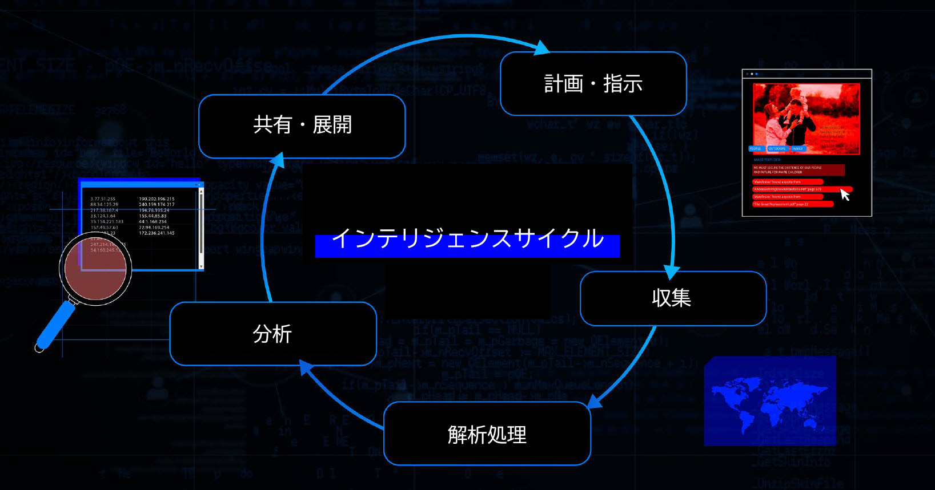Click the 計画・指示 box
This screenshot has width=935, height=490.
(x=593, y=84)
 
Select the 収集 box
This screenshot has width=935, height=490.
(x=672, y=298)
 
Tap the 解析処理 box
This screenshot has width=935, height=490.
(x=487, y=434)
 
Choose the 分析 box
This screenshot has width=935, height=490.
(x=272, y=334)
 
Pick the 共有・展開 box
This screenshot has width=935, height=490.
(x=302, y=125)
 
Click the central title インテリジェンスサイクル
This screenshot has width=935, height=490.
(x=467, y=239)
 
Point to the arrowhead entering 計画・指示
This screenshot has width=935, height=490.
(x=541, y=48)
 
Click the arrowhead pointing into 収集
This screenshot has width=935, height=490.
(x=672, y=271)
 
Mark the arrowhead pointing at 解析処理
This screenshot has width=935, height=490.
(x=595, y=402)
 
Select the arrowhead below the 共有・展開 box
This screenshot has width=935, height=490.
(x=278, y=160)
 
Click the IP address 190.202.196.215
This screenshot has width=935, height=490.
(x=156, y=199)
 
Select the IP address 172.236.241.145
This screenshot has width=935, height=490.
(x=156, y=233)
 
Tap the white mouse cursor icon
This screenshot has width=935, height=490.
(x=845, y=195)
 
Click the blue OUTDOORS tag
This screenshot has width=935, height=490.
(x=777, y=149)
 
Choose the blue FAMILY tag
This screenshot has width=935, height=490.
(x=797, y=149)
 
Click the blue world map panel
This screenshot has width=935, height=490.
(x=769, y=400)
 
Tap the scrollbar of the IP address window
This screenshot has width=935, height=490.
(x=200, y=228)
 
